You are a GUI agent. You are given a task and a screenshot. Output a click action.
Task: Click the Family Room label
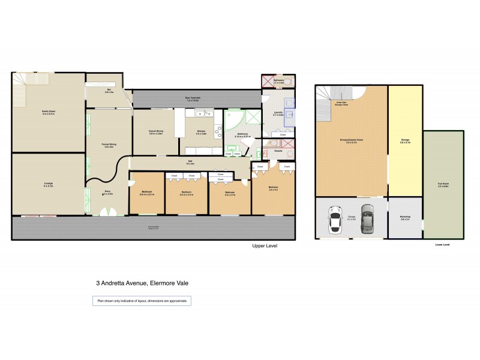pos(49,112)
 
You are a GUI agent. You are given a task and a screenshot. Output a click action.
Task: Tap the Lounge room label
pos(49,185)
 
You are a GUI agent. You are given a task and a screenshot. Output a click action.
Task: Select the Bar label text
pos(109,91)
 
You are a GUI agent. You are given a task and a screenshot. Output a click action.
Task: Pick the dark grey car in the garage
pos(366,220)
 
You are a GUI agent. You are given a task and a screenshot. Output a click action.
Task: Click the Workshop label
pos(405,218)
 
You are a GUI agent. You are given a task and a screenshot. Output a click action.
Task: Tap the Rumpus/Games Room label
pos(351,141)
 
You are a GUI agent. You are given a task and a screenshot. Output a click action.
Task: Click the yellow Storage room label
pos(405,141)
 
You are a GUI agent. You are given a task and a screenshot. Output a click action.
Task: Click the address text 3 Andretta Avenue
pos(142,284)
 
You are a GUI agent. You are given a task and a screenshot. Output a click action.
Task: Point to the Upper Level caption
pos(265,246)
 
